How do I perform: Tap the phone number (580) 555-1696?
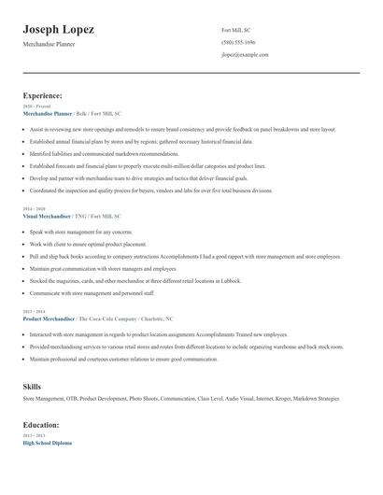click(237, 43)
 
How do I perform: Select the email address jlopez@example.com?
click(245, 56)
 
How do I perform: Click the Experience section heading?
click(42, 95)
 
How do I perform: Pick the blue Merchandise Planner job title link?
click(48, 112)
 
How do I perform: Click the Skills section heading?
click(33, 386)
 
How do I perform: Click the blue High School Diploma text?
click(47, 443)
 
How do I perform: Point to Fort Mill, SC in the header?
click(235, 30)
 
